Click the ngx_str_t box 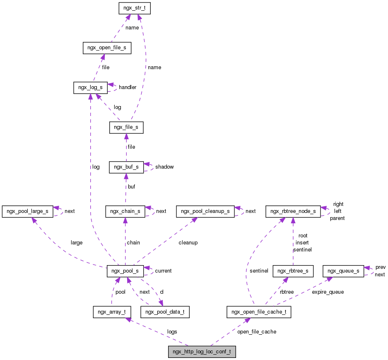134,8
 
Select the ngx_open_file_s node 107,48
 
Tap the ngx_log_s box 90,87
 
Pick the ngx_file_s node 126,128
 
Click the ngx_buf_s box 126,167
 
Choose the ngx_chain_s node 125,211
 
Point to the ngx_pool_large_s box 27,211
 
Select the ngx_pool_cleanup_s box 205,211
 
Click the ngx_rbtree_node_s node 293,211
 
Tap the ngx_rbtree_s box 293,271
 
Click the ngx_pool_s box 125,271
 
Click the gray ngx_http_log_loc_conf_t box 202,352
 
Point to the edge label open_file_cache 257,331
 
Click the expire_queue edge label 328,292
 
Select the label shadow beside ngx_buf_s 164,167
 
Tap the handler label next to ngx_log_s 128,87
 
